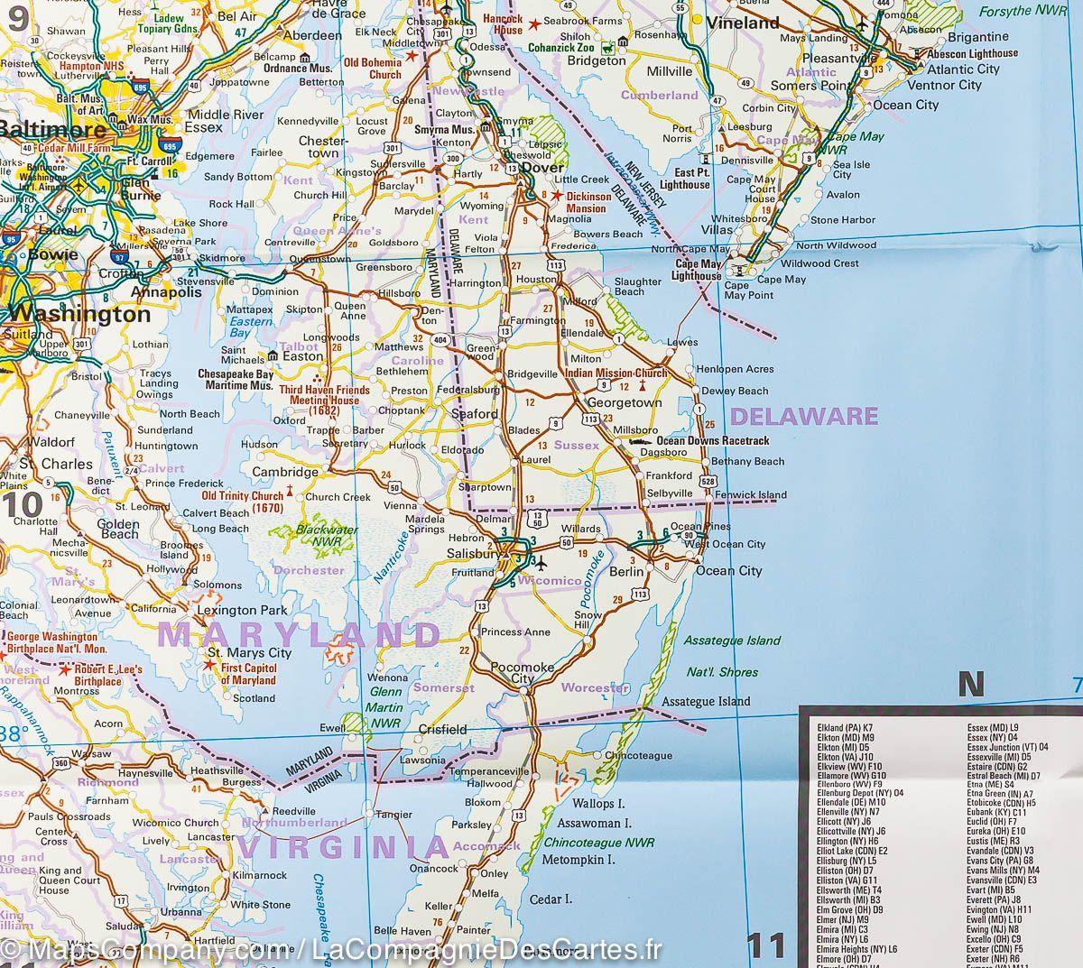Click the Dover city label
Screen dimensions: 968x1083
(x=543, y=168)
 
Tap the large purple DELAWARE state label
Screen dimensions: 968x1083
(x=803, y=416)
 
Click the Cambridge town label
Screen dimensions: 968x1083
(x=284, y=472)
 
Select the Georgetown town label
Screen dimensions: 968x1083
(x=625, y=404)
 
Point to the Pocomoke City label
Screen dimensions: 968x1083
(x=517, y=671)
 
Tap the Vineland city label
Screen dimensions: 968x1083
(x=743, y=23)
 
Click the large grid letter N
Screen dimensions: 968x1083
(x=970, y=685)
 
